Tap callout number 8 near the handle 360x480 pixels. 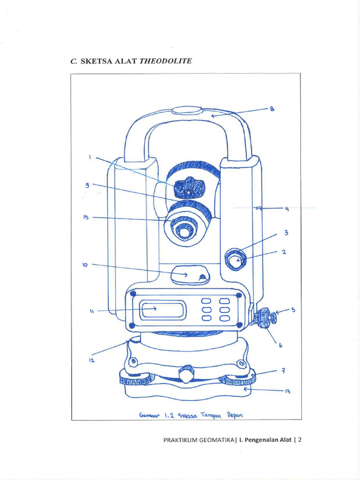(x=271, y=109)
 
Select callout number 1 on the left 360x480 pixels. (x=90, y=157)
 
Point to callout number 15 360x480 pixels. (x=86, y=217)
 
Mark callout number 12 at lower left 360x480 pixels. (x=92, y=360)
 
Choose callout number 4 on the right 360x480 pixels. (x=286, y=209)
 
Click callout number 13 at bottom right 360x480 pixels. (x=288, y=391)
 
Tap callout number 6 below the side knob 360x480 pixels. (x=281, y=345)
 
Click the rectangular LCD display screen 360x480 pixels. (x=164, y=310)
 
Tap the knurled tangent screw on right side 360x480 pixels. (x=266, y=317)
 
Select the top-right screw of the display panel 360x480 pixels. (x=239, y=295)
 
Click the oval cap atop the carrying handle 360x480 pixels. (x=187, y=110)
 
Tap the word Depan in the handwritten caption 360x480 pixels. (x=237, y=414)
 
